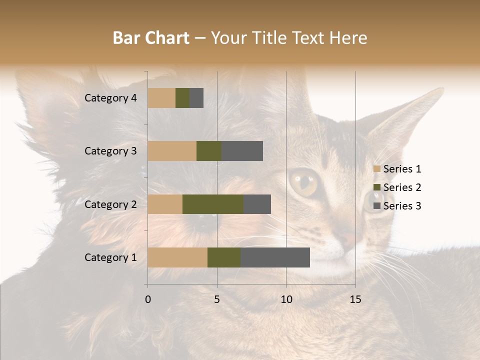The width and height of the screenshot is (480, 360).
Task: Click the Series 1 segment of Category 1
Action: click(x=177, y=257)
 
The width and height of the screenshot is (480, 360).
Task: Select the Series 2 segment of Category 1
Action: click(x=224, y=257)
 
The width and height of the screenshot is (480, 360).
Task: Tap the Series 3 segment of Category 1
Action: click(x=275, y=257)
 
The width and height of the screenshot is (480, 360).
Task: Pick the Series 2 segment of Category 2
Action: click(x=213, y=204)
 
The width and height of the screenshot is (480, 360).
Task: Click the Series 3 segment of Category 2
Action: click(x=257, y=204)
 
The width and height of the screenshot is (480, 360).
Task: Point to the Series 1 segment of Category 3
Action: click(x=172, y=151)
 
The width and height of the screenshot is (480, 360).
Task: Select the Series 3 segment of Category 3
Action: click(x=242, y=151)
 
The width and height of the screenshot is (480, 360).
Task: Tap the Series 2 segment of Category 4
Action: click(x=182, y=98)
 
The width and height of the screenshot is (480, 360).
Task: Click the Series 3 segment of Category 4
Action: click(x=196, y=98)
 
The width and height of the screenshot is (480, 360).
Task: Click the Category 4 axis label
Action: click(x=110, y=98)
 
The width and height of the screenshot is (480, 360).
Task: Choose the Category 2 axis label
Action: click(x=110, y=204)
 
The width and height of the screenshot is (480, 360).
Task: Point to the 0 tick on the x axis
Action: click(x=148, y=299)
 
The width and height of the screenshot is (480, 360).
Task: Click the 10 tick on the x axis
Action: click(x=286, y=299)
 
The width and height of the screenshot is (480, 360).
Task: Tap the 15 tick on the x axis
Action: click(x=355, y=299)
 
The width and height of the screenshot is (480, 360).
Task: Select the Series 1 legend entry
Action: click(x=397, y=169)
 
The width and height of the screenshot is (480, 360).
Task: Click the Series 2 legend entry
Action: click(x=397, y=187)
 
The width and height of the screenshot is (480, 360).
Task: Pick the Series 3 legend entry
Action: click(x=397, y=206)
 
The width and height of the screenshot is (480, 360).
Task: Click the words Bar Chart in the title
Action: click(x=151, y=38)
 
